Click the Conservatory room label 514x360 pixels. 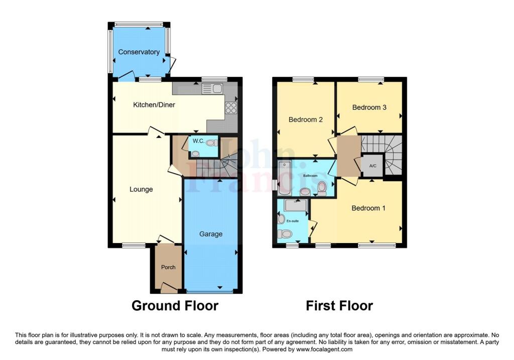[139, 52]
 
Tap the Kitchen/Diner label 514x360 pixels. [154, 104]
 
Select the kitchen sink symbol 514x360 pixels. [212, 88]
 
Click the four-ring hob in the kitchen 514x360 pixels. [231, 107]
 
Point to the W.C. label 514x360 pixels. [198, 141]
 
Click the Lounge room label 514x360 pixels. [141, 189]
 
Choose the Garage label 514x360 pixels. [211, 234]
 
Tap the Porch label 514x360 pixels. [168, 267]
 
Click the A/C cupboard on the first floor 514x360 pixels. [373, 166]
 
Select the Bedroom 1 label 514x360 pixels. [368, 208]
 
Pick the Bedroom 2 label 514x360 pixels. [306, 119]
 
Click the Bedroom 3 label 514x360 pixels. [369, 107]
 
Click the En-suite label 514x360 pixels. [293, 221]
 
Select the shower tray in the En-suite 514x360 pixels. [296, 205]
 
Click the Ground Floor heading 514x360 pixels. [175, 306]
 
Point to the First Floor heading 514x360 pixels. [339, 306]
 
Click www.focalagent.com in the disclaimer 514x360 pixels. [324, 349]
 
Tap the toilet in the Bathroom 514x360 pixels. [322, 188]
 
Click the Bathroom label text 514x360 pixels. [310, 176]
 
